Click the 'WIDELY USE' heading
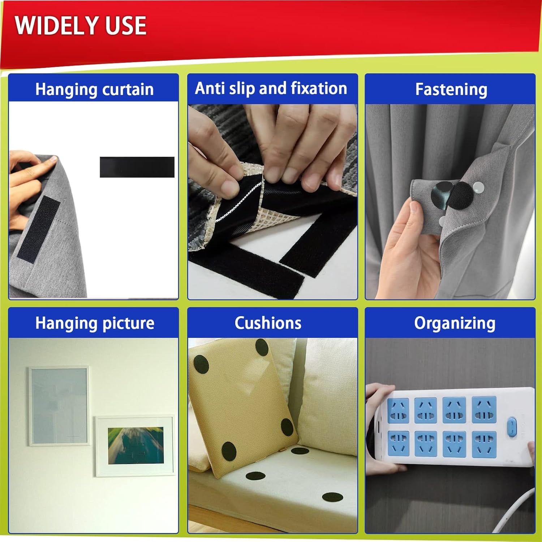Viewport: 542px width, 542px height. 81,25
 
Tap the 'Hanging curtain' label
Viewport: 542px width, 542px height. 94,89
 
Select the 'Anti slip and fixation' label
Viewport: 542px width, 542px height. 271,88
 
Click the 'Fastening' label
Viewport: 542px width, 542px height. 451,89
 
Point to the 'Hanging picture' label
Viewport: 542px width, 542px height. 95,323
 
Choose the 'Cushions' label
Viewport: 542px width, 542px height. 268,323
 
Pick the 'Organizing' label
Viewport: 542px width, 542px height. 455,323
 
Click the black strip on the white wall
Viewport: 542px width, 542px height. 137,167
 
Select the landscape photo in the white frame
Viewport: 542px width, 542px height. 135,446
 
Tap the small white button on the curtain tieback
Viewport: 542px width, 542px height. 478,186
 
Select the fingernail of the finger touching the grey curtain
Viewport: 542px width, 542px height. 53,159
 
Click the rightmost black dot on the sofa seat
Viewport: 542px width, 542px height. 332,497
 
